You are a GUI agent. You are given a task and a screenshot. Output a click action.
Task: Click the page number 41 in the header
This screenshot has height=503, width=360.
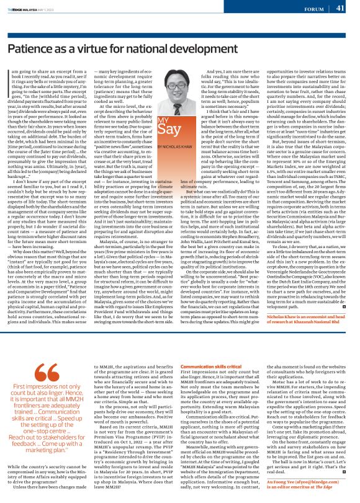[340, 8]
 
